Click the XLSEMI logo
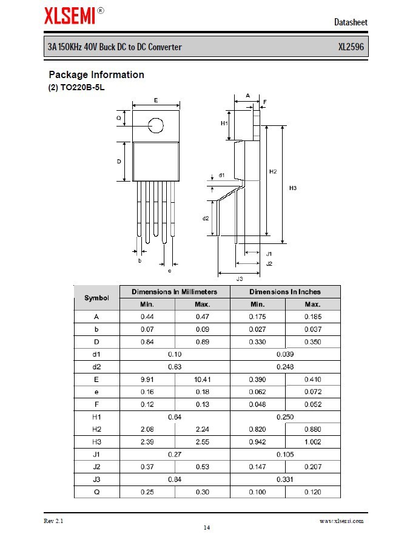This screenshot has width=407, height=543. coord(70,15)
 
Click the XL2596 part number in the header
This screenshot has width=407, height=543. coord(351,47)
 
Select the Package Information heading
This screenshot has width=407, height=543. coord(96,75)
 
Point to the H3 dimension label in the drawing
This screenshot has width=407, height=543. coord(292,188)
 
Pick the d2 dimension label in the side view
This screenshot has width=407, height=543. coord(206,218)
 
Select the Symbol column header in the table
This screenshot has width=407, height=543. coord(96,298)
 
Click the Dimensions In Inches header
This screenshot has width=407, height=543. coord(285,292)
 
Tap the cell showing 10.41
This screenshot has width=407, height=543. coord(202,380)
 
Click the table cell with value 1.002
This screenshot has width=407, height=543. coord(312,442)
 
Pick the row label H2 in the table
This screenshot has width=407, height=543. coord(96,429)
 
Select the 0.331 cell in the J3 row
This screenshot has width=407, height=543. coord(285,479)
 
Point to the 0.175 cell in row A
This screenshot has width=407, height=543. coord(257,317)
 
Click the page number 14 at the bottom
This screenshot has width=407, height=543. coord(206,528)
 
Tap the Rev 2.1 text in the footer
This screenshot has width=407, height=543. coord(53,521)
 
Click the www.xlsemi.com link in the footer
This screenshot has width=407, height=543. coord(341,521)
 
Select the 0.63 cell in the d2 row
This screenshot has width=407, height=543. coord(175,367)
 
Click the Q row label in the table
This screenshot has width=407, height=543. coord(96,492)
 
